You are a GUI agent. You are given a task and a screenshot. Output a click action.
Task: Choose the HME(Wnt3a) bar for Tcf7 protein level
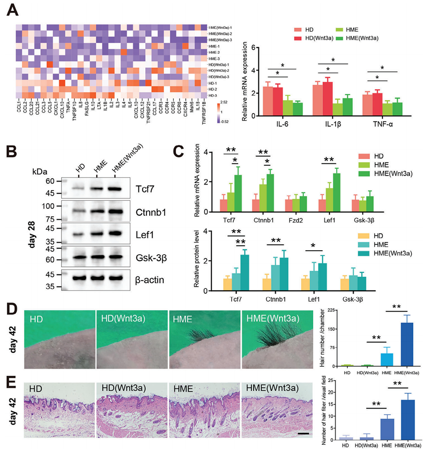[x=244, y=273]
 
